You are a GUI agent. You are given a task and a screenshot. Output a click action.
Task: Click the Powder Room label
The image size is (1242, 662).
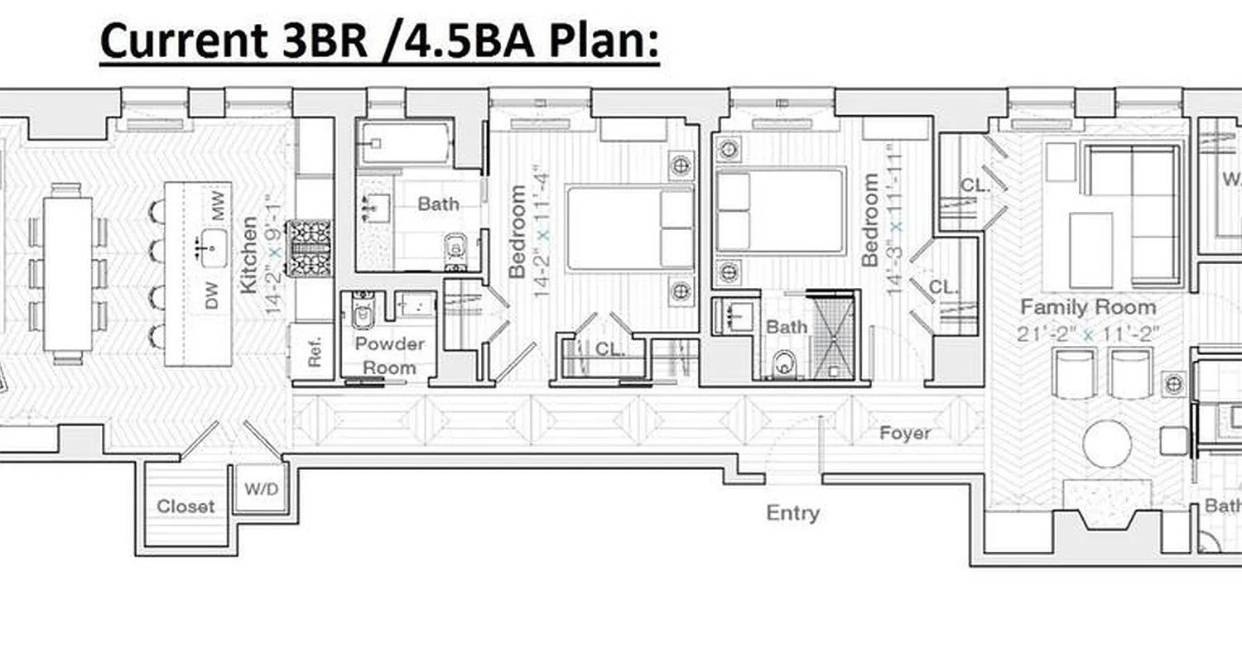[x=389, y=355]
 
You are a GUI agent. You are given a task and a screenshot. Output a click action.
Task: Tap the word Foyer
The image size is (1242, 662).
[x=904, y=433]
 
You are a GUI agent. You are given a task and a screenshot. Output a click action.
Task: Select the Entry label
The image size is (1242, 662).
[x=792, y=513]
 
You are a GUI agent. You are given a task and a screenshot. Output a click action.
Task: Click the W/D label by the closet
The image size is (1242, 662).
[x=261, y=488]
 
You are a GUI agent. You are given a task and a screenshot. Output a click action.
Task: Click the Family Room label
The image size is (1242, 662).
[x=1087, y=307]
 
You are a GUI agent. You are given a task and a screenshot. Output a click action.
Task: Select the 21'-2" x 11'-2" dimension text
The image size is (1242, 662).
[x=1087, y=334]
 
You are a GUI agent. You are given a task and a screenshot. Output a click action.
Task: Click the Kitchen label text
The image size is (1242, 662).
[x=248, y=254]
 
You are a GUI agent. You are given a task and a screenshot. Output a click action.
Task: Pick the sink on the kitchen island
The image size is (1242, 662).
[x=213, y=245]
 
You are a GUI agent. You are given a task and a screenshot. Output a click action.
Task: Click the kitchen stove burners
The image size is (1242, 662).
[x=310, y=247]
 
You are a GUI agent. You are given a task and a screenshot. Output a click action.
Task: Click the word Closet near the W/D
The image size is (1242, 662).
[x=185, y=506]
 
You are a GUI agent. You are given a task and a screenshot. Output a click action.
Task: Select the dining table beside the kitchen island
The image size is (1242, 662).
[x=68, y=273]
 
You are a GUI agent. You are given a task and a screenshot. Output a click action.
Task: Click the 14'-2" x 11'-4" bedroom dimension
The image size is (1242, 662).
[x=542, y=243]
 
